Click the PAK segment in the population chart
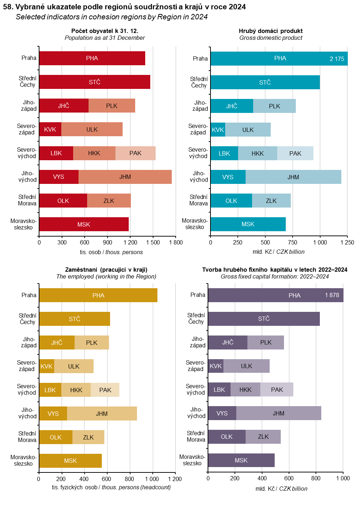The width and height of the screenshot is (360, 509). pyautogui.click(x=135, y=153)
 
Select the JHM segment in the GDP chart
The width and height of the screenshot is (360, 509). pyautogui.click(x=293, y=177)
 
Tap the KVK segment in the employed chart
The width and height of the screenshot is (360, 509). pyautogui.click(x=46, y=366)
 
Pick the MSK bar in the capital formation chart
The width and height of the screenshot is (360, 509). pyautogui.click(x=241, y=460)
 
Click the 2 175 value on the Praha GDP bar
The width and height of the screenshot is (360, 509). pyautogui.click(x=337, y=59)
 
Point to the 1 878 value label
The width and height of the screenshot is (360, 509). pyautogui.click(x=332, y=295)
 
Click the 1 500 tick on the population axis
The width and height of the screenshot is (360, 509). pyautogui.click(x=153, y=242)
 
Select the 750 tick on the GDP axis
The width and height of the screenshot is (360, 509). pyautogui.click(x=293, y=242)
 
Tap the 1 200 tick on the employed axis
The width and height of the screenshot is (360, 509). pyautogui.click(x=175, y=479)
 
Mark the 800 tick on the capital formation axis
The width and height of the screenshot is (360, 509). pyautogui.click(x=316, y=478)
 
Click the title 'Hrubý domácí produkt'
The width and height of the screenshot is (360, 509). pyautogui.click(x=270, y=31)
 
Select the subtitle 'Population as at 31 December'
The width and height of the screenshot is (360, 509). pyautogui.click(x=105, y=38)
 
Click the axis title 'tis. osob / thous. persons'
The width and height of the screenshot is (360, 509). pyautogui.click(x=111, y=252)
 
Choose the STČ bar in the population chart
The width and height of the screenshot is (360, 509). pyautogui.click(x=95, y=82)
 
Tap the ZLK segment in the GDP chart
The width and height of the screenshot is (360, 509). pyautogui.click(x=271, y=201)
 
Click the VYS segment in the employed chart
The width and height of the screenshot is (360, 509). pyautogui.click(x=53, y=414)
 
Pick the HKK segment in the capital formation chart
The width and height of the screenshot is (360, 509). pyautogui.click(x=245, y=390)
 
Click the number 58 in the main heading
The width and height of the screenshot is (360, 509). pyautogui.click(x=8, y=7)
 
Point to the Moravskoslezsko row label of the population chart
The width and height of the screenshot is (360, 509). pyautogui.click(x=23, y=224)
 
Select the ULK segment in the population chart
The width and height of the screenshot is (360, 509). pyautogui.click(x=92, y=129)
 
